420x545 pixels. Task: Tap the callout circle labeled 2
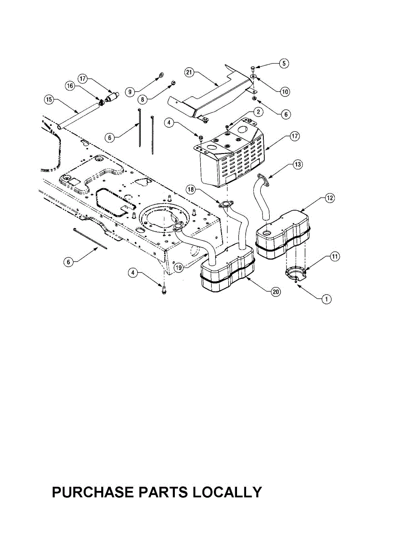pos(257,112)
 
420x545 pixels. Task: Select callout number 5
pos(283,63)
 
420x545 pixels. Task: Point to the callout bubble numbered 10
pos(285,91)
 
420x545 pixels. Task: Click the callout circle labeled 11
pos(334,257)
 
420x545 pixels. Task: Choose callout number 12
pos(330,198)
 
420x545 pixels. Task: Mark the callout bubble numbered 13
pos(298,164)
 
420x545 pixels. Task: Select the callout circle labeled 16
pos(70,86)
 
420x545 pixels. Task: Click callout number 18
pos(191,188)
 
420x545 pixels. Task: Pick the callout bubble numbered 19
pos(179,268)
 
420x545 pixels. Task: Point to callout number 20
pos(275,292)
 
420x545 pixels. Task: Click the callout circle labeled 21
pos(190,72)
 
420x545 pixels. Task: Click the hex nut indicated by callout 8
pos(173,84)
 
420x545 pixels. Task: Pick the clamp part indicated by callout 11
pos(295,273)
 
